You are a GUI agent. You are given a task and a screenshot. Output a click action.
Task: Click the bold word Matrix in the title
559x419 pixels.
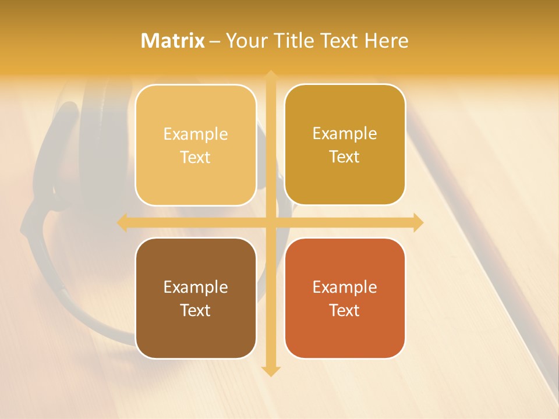[x=173, y=41]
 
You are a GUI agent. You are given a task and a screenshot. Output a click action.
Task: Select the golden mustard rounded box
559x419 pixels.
[x=345, y=175]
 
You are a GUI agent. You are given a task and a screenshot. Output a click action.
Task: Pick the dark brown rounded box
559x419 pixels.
[x=196, y=332]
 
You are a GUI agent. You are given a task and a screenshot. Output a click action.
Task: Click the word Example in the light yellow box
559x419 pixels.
[x=196, y=134]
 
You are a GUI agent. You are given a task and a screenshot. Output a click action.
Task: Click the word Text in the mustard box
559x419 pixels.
[x=345, y=157]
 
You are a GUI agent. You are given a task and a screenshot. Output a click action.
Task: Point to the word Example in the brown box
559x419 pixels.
[x=196, y=287]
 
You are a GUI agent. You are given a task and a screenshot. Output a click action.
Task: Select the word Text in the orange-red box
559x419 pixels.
[x=345, y=310]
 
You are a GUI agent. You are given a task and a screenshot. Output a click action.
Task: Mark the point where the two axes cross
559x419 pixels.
[x=270, y=222]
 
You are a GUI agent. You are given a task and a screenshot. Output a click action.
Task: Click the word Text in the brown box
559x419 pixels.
[x=196, y=310]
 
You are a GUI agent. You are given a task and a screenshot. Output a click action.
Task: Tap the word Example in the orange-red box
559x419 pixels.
[x=345, y=287]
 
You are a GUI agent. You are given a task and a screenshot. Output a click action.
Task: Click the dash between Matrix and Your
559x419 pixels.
[x=215, y=41]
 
